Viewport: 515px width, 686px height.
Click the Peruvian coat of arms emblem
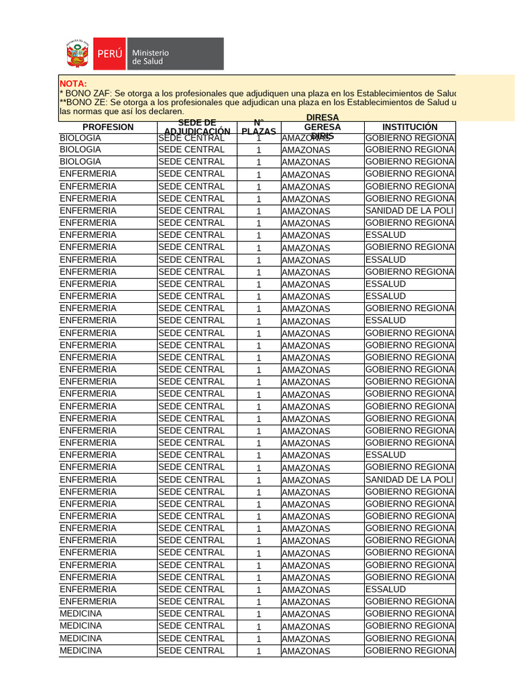click(x=77, y=54)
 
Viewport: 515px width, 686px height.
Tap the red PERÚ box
click(x=109, y=54)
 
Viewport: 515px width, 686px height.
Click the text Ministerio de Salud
click(x=151, y=57)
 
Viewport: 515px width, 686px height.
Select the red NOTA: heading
click(x=73, y=83)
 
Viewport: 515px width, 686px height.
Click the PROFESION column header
click(x=108, y=127)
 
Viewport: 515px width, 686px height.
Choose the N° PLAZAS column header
click(x=259, y=127)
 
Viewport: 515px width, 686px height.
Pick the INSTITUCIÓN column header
click(x=410, y=127)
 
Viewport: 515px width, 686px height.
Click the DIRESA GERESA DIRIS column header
click(x=322, y=127)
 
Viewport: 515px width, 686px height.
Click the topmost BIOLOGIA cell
click(x=80, y=137)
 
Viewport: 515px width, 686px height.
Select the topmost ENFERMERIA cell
click(x=88, y=174)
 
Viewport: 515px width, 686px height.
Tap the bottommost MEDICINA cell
click(x=81, y=651)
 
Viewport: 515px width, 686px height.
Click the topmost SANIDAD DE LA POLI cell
click(x=409, y=211)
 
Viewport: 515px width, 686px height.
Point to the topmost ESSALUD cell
click(x=386, y=235)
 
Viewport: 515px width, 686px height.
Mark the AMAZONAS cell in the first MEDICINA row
click(x=306, y=614)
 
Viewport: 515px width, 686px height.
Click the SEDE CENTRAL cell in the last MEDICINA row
click(x=191, y=651)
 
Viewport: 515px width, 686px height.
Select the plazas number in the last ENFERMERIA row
click(x=259, y=602)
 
